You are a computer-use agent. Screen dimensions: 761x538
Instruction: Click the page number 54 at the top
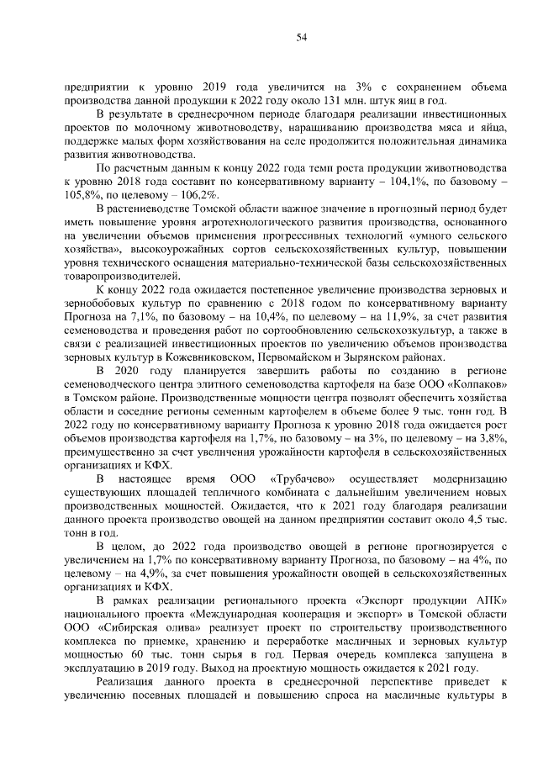(x=301, y=36)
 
